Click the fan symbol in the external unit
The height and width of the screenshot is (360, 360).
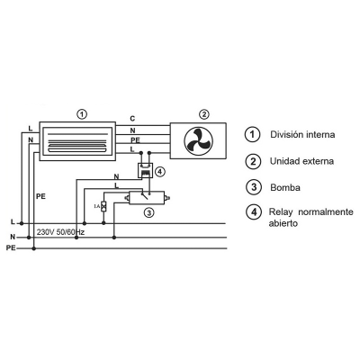click(x=198, y=140)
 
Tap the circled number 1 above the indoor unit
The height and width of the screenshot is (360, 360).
click(x=82, y=114)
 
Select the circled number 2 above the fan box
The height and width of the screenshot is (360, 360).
click(x=204, y=114)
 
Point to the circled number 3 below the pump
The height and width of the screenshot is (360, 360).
click(x=149, y=213)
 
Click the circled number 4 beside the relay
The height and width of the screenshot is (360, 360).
click(x=160, y=172)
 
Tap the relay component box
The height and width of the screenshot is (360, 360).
click(x=146, y=170)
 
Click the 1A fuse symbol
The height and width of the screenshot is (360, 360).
click(x=103, y=206)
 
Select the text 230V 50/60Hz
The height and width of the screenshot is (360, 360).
click(x=60, y=232)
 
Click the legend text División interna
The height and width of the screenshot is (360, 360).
click(x=302, y=134)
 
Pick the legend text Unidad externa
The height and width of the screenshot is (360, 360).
click(x=301, y=161)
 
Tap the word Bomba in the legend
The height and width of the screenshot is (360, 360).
click(x=285, y=187)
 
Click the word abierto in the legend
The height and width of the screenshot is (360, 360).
click(x=283, y=223)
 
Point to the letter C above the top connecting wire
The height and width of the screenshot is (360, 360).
click(x=132, y=119)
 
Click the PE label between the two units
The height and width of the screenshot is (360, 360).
click(x=135, y=140)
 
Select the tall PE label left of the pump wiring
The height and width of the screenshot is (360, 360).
click(x=40, y=197)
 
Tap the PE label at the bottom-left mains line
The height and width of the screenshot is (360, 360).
click(x=11, y=248)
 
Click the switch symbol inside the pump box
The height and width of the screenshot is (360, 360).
click(x=145, y=195)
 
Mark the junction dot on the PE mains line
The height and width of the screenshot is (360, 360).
click(x=34, y=248)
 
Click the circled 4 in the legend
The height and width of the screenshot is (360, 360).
click(x=254, y=211)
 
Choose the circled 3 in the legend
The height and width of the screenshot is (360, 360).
click(x=254, y=187)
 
